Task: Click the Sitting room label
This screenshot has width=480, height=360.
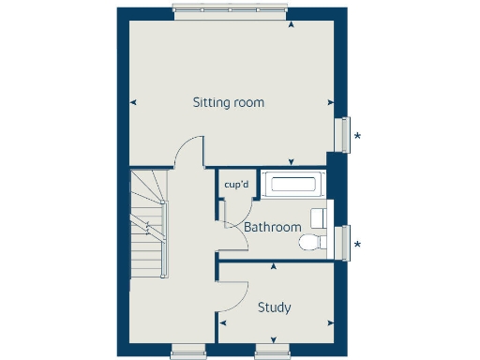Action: pos(228,101)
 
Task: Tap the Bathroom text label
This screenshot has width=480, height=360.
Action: pos(273,227)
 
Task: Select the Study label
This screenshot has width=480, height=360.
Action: pos(274,307)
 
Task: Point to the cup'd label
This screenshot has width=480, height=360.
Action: pos(236,184)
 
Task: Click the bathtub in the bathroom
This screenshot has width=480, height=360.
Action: pos(292,185)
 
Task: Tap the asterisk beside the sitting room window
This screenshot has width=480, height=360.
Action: pos(357,136)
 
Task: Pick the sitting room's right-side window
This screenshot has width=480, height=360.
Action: pos(344,134)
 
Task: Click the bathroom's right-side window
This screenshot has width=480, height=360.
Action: pos(344,241)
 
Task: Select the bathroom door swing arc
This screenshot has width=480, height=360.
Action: pos(238,232)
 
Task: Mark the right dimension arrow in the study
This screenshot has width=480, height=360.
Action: pos(329,324)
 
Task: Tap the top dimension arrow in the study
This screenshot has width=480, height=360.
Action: pos(273,268)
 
